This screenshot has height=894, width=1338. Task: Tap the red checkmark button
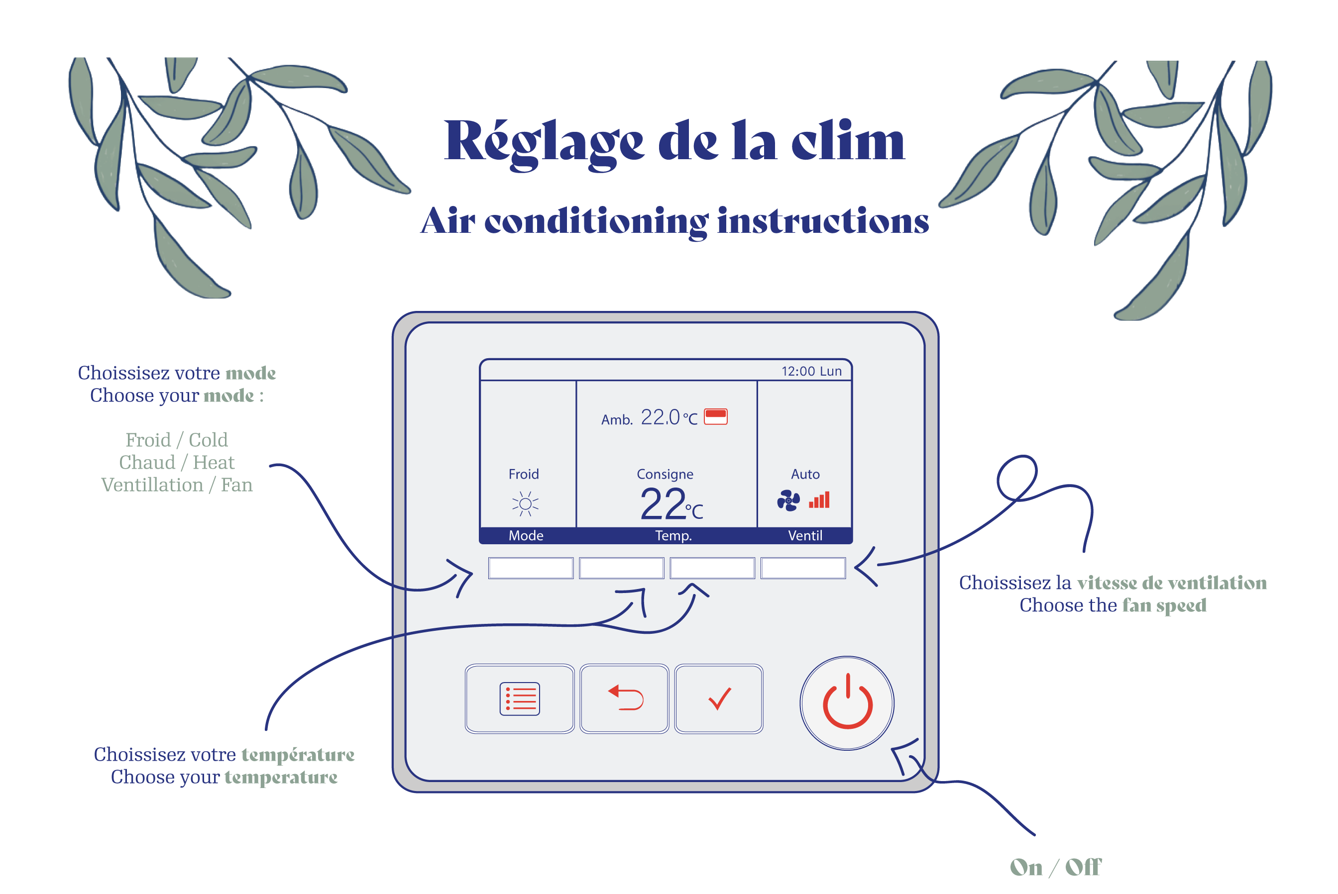pos(719,698)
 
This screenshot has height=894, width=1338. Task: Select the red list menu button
pos(519,698)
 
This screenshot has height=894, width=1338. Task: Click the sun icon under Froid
pos(525,503)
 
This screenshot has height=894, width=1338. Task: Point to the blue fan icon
pos(788,500)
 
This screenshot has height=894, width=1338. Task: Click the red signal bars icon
pos(819,500)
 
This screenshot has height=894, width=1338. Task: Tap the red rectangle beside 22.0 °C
pos(715,416)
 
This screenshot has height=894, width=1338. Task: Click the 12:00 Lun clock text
pos(811,371)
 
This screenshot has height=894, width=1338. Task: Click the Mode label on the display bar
pos(526,535)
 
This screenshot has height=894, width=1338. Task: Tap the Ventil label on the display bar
pos(805,535)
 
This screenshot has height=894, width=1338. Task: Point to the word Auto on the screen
pos(805,474)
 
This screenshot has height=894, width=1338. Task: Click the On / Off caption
pos(1055,867)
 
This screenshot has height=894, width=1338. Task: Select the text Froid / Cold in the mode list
pos(176,440)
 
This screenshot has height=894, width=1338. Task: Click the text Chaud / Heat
pos(176,462)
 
